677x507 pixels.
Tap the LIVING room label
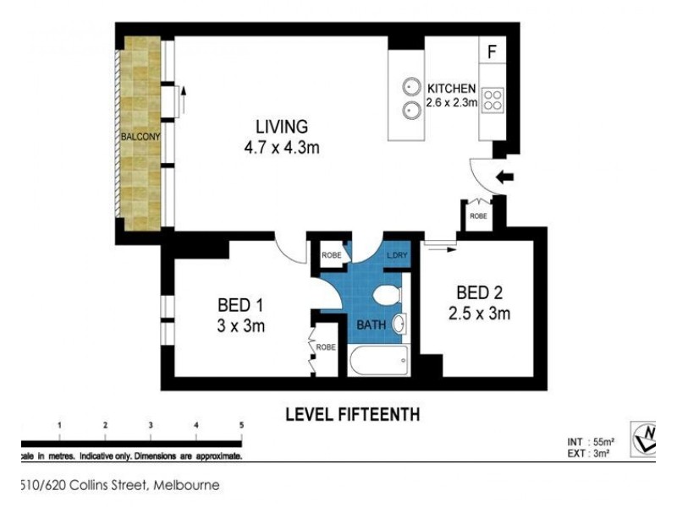pos(281,128)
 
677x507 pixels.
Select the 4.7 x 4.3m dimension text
pos(281,147)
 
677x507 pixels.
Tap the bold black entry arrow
pos(504,177)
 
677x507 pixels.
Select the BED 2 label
pos(478,293)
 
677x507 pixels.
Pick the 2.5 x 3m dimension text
pos(478,313)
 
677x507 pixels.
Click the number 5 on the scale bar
pos(241,425)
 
